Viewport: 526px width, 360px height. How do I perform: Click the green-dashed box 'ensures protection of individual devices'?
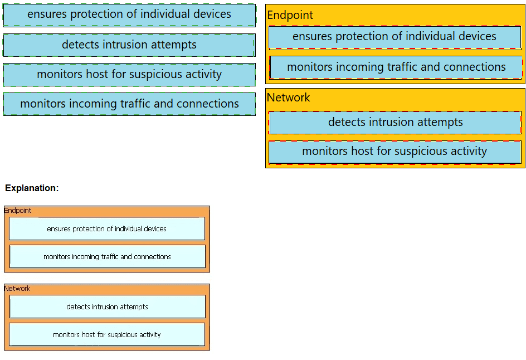point(129,15)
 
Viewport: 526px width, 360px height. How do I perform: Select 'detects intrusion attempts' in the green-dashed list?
point(129,45)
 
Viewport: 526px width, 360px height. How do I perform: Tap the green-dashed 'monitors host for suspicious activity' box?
point(129,75)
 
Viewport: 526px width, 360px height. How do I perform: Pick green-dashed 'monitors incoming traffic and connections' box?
point(129,104)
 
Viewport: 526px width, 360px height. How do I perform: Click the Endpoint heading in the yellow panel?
point(290,15)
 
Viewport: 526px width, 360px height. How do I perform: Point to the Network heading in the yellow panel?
point(288,98)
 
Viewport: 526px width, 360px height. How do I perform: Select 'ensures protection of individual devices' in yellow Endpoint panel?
point(394,37)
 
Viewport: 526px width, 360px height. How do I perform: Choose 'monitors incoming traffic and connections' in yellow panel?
point(396,67)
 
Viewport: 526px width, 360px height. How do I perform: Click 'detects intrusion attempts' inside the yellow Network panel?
point(395,123)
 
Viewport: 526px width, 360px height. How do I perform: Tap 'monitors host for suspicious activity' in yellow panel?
point(394,152)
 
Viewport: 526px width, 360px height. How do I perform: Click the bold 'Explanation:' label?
point(32,188)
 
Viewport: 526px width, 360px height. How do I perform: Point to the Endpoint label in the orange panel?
point(17,210)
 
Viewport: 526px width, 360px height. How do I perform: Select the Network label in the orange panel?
point(17,289)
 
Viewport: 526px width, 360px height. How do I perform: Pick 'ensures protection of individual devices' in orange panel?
point(106,228)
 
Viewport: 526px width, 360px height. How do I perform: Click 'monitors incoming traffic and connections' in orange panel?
point(108,256)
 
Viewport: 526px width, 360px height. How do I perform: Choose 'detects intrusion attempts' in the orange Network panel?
point(108,307)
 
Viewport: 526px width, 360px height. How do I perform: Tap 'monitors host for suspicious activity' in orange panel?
point(106,334)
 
